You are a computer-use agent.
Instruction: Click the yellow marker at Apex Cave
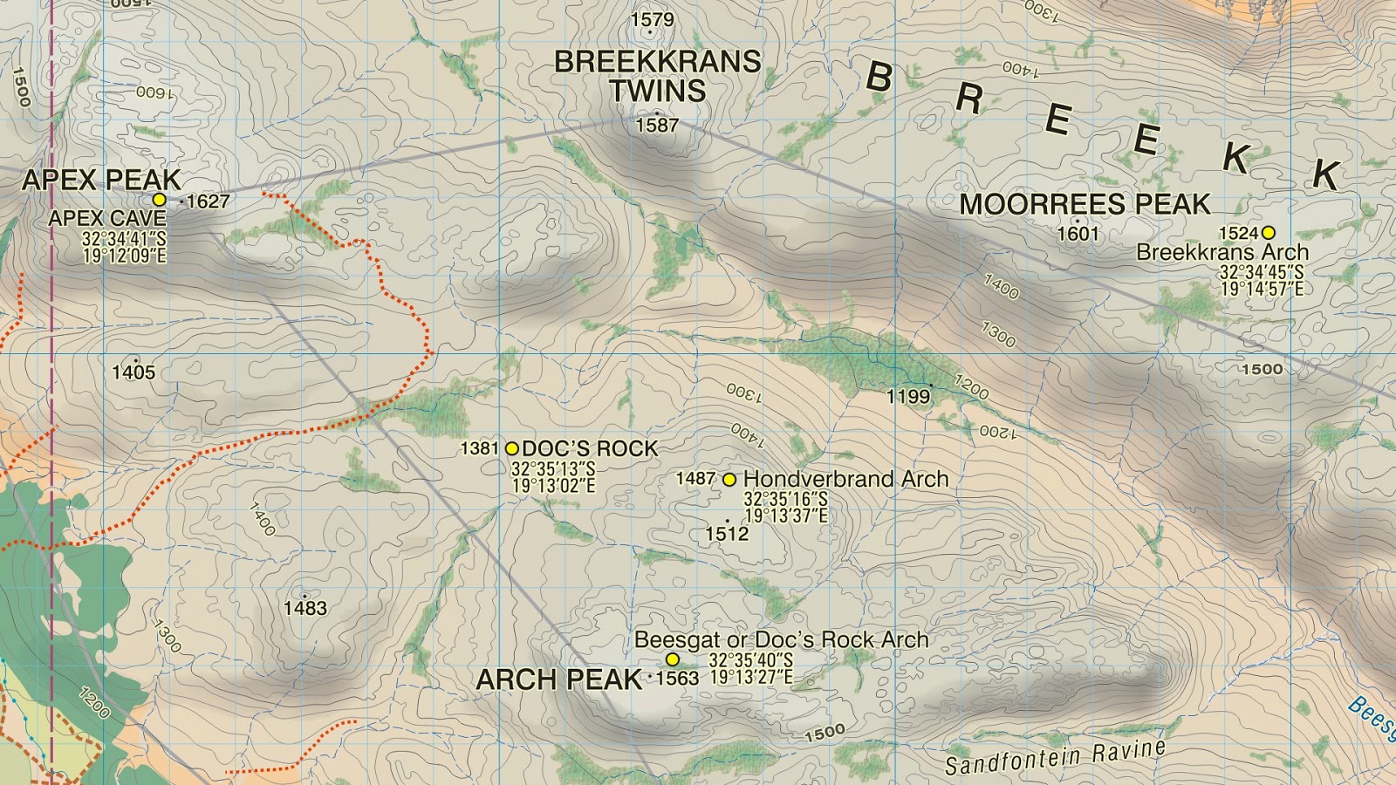click(x=159, y=200)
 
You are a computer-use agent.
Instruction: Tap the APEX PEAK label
click(x=101, y=181)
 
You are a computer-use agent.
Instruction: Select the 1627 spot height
click(x=208, y=201)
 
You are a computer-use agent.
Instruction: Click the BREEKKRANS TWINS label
click(x=658, y=76)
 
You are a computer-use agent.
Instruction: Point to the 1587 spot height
click(x=657, y=126)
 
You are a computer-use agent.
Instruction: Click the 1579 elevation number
click(x=652, y=20)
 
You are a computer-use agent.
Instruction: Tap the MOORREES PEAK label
click(x=1085, y=205)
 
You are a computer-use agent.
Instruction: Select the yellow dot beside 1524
click(x=1268, y=233)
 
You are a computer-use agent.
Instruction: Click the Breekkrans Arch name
click(x=1222, y=252)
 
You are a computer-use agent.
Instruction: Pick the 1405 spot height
click(x=133, y=372)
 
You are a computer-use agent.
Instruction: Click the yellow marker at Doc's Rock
click(x=512, y=449)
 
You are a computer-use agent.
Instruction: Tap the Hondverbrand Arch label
click(x=845, y=479)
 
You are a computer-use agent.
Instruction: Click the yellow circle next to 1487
click(x=729, y=480)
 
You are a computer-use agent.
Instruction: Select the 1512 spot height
click(x=727, y=534)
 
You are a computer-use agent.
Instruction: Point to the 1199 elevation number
click(x=908, y=397)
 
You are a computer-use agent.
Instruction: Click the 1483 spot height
click(x=305, y=608)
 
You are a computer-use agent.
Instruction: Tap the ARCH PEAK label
click(x=559, y=680)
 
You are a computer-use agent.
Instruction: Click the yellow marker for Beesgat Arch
click(x=673, y=660)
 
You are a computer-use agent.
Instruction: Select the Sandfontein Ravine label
click(x=1055, y=757)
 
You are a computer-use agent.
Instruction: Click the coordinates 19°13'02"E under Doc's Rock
click(x=553, y=486)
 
